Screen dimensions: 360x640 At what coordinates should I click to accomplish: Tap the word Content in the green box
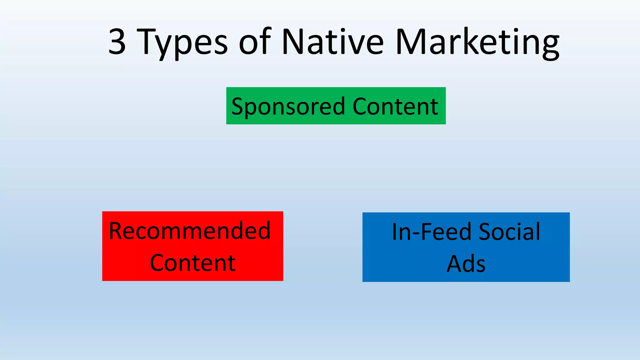395,106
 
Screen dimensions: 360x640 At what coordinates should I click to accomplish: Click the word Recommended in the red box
190,231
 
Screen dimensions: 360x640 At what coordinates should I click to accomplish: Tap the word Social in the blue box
509,232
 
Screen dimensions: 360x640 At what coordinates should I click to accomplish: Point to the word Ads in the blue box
466,264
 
